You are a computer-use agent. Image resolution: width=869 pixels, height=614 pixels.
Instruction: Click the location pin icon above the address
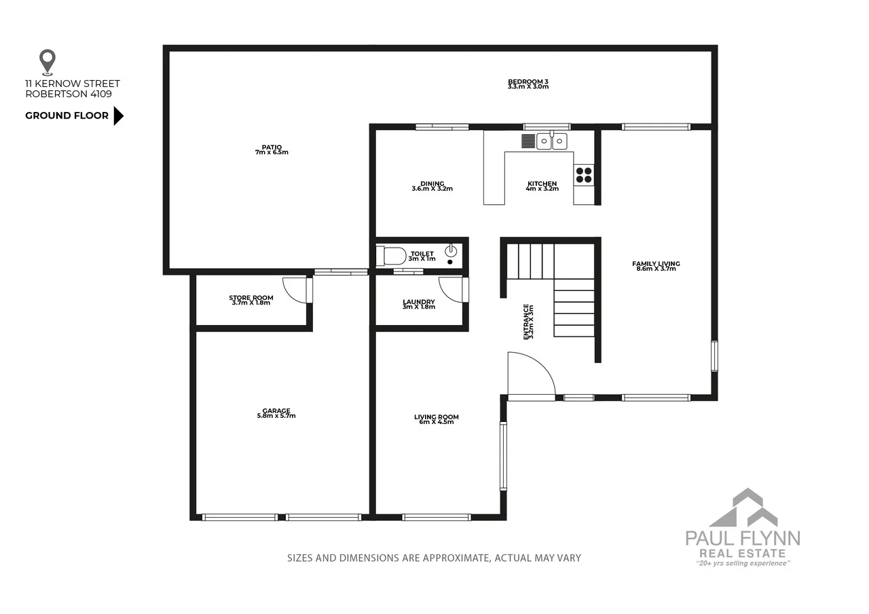47,62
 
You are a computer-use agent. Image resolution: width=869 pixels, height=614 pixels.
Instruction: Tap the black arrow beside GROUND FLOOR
118,116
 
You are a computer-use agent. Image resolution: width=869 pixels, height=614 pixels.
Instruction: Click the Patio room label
272,149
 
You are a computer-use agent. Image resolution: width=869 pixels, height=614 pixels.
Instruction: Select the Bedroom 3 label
528,84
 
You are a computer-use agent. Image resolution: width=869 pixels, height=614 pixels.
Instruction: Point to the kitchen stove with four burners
584,175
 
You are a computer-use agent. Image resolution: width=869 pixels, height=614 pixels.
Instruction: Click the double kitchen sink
552,141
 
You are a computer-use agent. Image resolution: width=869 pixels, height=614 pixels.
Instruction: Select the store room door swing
295,290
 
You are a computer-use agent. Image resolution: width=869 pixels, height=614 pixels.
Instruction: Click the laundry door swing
451,290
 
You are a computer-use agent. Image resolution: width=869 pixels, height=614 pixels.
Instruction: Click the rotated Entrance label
528,321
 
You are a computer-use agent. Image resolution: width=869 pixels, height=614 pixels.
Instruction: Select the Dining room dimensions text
432,189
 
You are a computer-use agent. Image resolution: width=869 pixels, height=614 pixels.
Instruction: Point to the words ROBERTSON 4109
69,94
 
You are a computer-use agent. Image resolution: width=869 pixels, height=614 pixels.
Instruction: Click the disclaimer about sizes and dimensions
434,558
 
